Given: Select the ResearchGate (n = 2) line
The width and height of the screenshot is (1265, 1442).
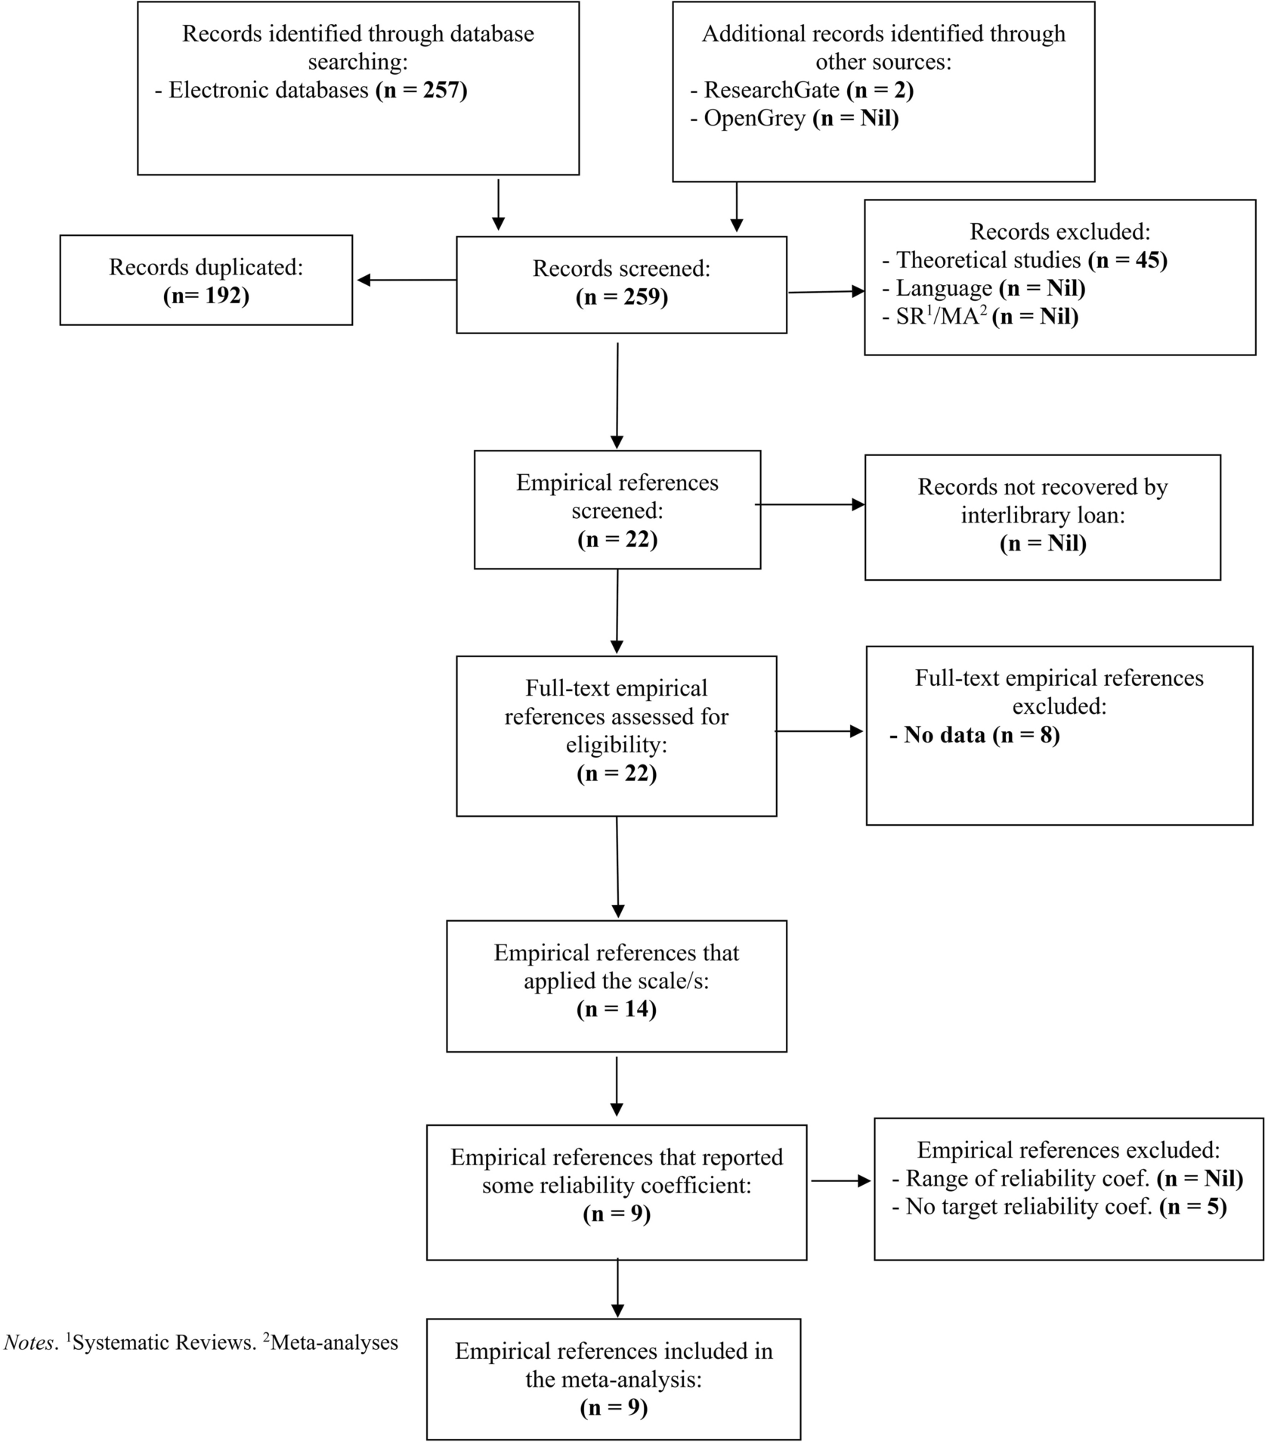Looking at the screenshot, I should pyautogui.click(x=801, y=90).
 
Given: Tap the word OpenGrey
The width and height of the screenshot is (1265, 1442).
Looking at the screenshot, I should pyautogui.click(x=754, y=119).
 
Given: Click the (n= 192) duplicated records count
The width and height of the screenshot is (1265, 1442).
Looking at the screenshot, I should pyautogui.click(x=206, y=295).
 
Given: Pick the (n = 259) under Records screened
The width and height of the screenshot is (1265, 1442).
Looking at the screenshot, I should pyautogui.click(x=621, y=297).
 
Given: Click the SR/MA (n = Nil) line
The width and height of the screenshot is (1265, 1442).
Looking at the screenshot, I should pyautogui.click(x=986, y=316).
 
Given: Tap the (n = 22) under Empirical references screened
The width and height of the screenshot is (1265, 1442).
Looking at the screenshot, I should pyautogui.click(x=617, y=539).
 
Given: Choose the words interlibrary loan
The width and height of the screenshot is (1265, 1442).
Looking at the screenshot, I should pyautogui.click(x=1042, y=516).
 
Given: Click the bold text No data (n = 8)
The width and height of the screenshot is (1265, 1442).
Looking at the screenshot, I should pyautogui.click(x=974, y=735).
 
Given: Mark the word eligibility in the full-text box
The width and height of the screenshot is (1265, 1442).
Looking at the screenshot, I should pyautogui.click(x=617, y=745).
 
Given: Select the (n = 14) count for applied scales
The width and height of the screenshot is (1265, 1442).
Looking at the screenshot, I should pyautogui.click(x=616, y=1009).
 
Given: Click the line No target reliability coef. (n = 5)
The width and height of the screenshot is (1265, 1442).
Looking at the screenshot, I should pyautogui.click(x=1059, y=1207).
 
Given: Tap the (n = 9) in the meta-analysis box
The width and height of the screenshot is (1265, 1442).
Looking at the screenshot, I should pyautogui.click(x=614, y=1407).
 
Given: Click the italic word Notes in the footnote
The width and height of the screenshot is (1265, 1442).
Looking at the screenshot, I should pyautogui.click(x=29, y=1343).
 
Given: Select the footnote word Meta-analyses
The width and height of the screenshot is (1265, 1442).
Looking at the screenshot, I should pyautogui.click(x=334, y=1343).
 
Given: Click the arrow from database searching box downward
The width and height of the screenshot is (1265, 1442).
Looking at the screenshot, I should pyautogui.click(x=498, y=204).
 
